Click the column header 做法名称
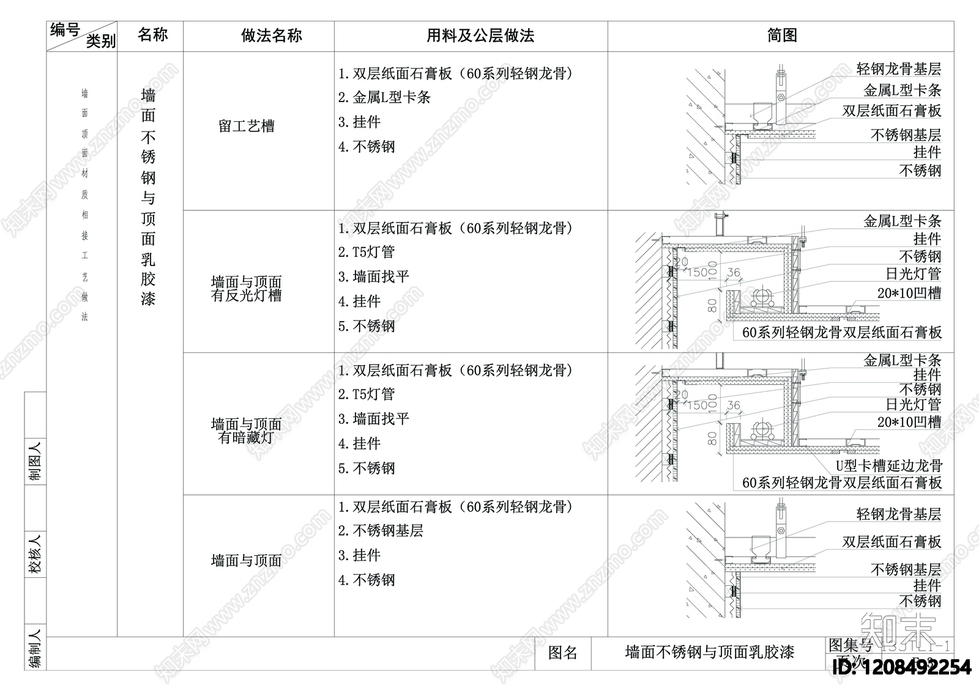click(271, 35)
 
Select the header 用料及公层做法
click(480, 35)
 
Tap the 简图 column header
click(781, 35)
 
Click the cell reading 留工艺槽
click(247, 127)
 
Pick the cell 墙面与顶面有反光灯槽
click(246, 289)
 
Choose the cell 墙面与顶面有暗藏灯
click(246, 430)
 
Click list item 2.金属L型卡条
click(385, 97)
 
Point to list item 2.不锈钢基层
click(381, 531)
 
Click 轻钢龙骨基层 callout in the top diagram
click(898, 69)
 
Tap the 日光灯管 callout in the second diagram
click(913, 274)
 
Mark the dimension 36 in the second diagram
click(733, 273)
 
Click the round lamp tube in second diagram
click(763, 298)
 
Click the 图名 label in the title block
click(562, 652)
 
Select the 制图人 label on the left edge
click(35, 461)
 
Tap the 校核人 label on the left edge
click(35, 554)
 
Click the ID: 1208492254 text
click(903, 667)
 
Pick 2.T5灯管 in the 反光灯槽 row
click(367, 252)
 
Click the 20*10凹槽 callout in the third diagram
click(909, 422)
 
